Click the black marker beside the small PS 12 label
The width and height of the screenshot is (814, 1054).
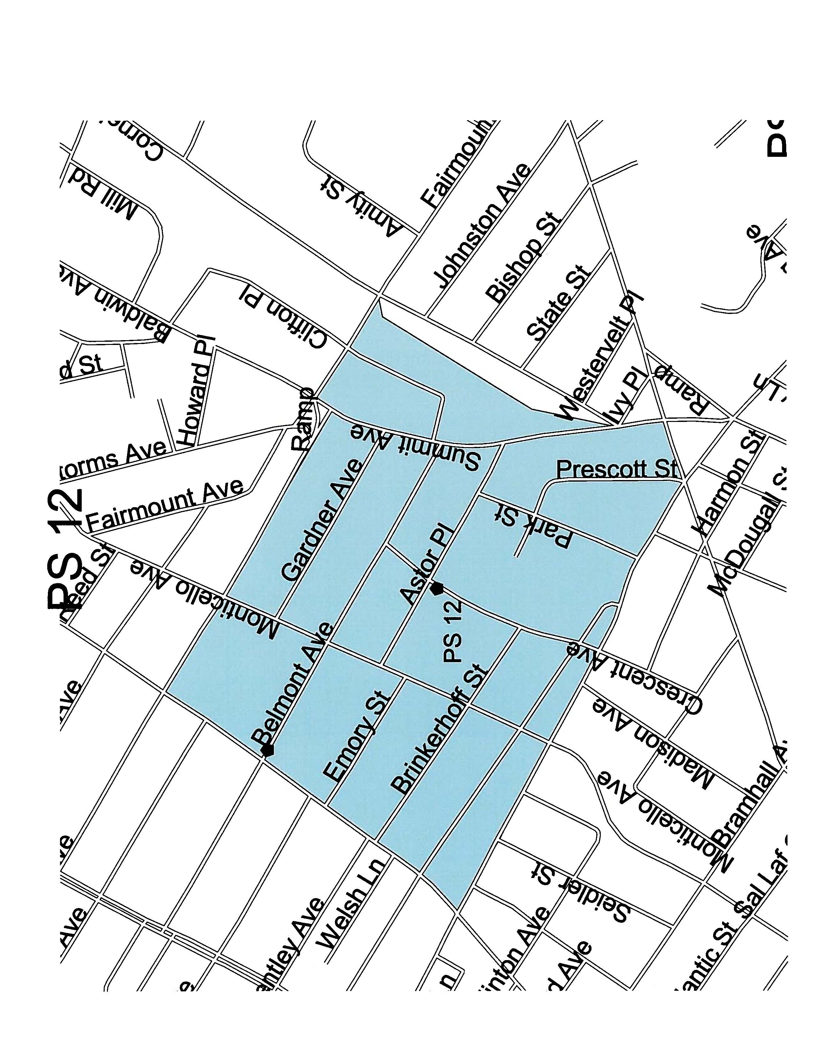[437, 588]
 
